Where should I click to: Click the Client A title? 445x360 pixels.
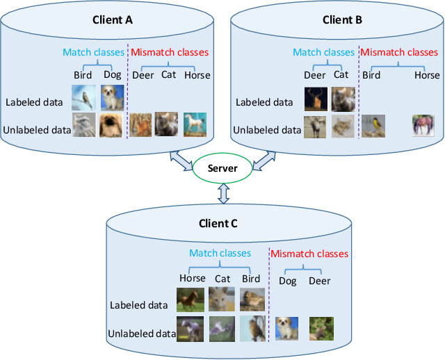pos(113,20)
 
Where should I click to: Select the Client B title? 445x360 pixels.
pos(342,20)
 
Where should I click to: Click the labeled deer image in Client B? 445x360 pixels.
pos(315,99)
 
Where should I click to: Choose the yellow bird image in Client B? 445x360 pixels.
pos(373,126)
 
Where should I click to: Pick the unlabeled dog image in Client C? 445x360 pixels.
pos(287,328)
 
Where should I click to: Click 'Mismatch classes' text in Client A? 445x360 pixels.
pos(170,52)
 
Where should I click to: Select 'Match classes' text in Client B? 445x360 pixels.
pos(323,52)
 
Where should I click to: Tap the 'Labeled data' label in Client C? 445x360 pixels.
pos(138,305)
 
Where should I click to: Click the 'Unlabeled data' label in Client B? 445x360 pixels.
pos(267,130)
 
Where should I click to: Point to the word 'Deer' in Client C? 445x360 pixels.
pos(320,281)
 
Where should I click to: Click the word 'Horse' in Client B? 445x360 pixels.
pos(427,75)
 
